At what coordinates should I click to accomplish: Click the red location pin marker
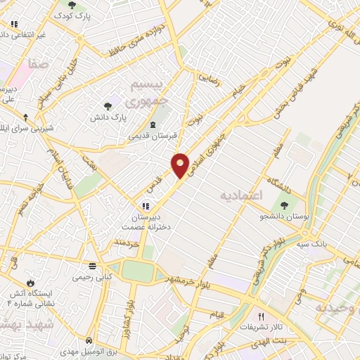coord(181,165)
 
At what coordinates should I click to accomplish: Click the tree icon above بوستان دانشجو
coord(285,205)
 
